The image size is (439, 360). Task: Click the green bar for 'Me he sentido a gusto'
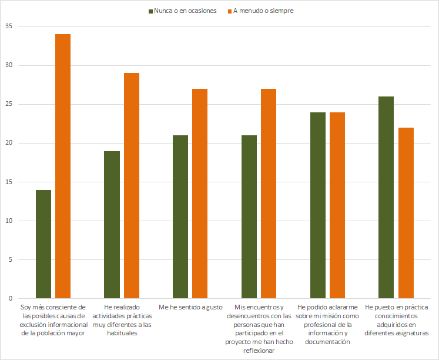click(x=180, y=217)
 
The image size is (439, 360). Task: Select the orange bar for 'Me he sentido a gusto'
click(x=200, y=194)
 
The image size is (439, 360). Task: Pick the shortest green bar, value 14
click(x=43, y=244)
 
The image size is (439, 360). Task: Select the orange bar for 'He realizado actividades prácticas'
click(x=132, y=186)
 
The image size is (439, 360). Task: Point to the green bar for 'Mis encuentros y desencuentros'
click(x=249, y=217)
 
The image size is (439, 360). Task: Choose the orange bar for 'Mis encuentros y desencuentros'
click(x=269, y=194)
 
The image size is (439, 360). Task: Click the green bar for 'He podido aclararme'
click(x=317, y=205)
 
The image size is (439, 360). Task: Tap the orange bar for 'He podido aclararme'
click(x=337, y=205)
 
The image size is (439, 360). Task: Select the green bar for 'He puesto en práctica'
click(x=386, y=198)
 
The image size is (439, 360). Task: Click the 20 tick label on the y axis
click(x=8, y=143)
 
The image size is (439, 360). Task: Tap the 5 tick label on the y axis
click(x=10, y=259)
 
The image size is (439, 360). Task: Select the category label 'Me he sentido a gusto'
click(x=191, y=307)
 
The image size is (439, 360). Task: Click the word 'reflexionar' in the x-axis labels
click(x=259, y=350)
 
